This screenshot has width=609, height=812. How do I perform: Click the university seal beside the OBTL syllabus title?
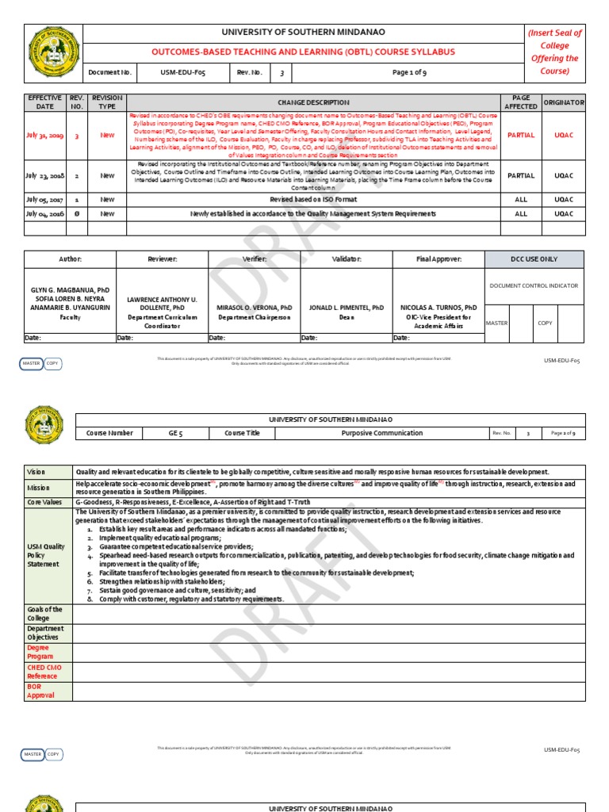[53, 53]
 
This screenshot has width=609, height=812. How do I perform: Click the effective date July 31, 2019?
[44, 136]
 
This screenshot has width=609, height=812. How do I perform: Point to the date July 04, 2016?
[44, 213]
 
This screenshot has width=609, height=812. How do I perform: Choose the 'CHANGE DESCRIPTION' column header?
[312, 102]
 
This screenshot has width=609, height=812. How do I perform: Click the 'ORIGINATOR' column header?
[563, 102]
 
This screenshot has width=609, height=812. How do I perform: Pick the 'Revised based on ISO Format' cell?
[312, 201]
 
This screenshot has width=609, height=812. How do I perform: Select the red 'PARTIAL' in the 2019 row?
[521, 136]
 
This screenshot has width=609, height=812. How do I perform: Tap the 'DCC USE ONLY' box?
[534, 259]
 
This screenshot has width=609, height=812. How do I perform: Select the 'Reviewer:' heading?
[162, 259]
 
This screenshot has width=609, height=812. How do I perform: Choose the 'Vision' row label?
[37, 472]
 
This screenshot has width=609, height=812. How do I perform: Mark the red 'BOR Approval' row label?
[41, 691]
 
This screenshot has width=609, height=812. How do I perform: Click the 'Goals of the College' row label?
[44, 614]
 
